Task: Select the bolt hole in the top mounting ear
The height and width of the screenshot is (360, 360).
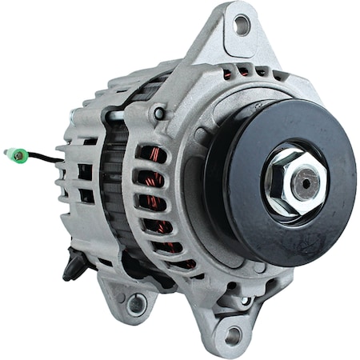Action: pyautogui.click(x=240, y=26)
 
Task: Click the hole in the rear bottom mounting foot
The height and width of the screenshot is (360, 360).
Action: pyautogui.click(x=137, y=303)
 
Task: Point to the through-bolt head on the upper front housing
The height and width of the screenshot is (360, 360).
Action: pyautogui.click(x=161, y=114)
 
